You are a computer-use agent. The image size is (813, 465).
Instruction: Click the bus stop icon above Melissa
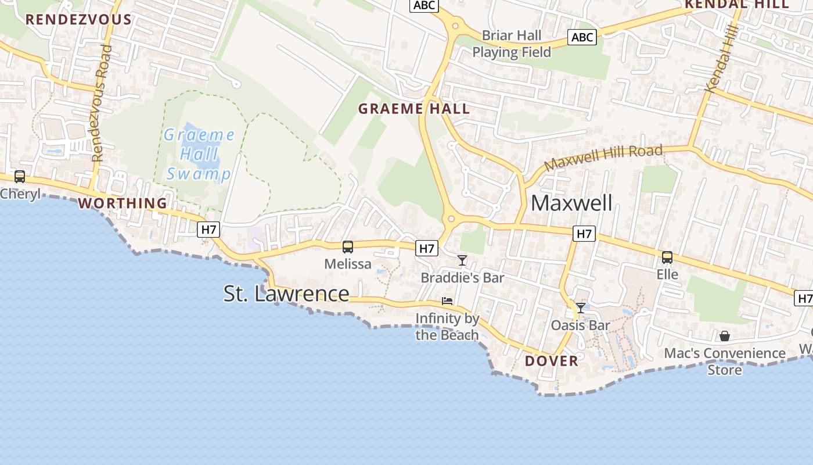(348, 247)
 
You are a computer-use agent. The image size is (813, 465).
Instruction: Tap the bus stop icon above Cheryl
(20, 177)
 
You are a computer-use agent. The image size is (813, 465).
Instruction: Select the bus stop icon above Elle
(667, 257)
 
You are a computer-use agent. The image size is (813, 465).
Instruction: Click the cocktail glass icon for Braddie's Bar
(462, 260)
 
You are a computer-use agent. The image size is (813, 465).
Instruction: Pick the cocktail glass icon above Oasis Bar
(580, 308)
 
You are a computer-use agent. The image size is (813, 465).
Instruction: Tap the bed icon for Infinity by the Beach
(447, 301)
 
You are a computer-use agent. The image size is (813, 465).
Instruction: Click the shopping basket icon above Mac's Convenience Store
(725, 336)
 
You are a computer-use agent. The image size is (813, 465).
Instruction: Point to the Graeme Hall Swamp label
(199, 155)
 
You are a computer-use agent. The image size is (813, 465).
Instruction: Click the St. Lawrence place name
(286, 294)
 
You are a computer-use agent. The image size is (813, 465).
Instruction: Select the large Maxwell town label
(571, 203)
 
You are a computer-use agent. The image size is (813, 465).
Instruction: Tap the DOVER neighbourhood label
(552, 361)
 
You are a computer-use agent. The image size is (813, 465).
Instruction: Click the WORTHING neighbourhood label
(123, 203)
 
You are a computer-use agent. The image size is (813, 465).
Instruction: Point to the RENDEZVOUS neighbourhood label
(78, 19)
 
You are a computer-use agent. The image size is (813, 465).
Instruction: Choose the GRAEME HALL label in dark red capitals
(414, 109)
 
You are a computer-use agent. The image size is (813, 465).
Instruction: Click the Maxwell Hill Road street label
(603, 157)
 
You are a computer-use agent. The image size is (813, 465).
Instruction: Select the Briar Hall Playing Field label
(512, 44)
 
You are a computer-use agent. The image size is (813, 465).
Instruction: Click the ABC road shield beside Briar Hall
(582, 38)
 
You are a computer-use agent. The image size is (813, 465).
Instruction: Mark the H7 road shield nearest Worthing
(209, 230)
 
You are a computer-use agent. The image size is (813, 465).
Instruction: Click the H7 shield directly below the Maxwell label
(584, 234)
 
